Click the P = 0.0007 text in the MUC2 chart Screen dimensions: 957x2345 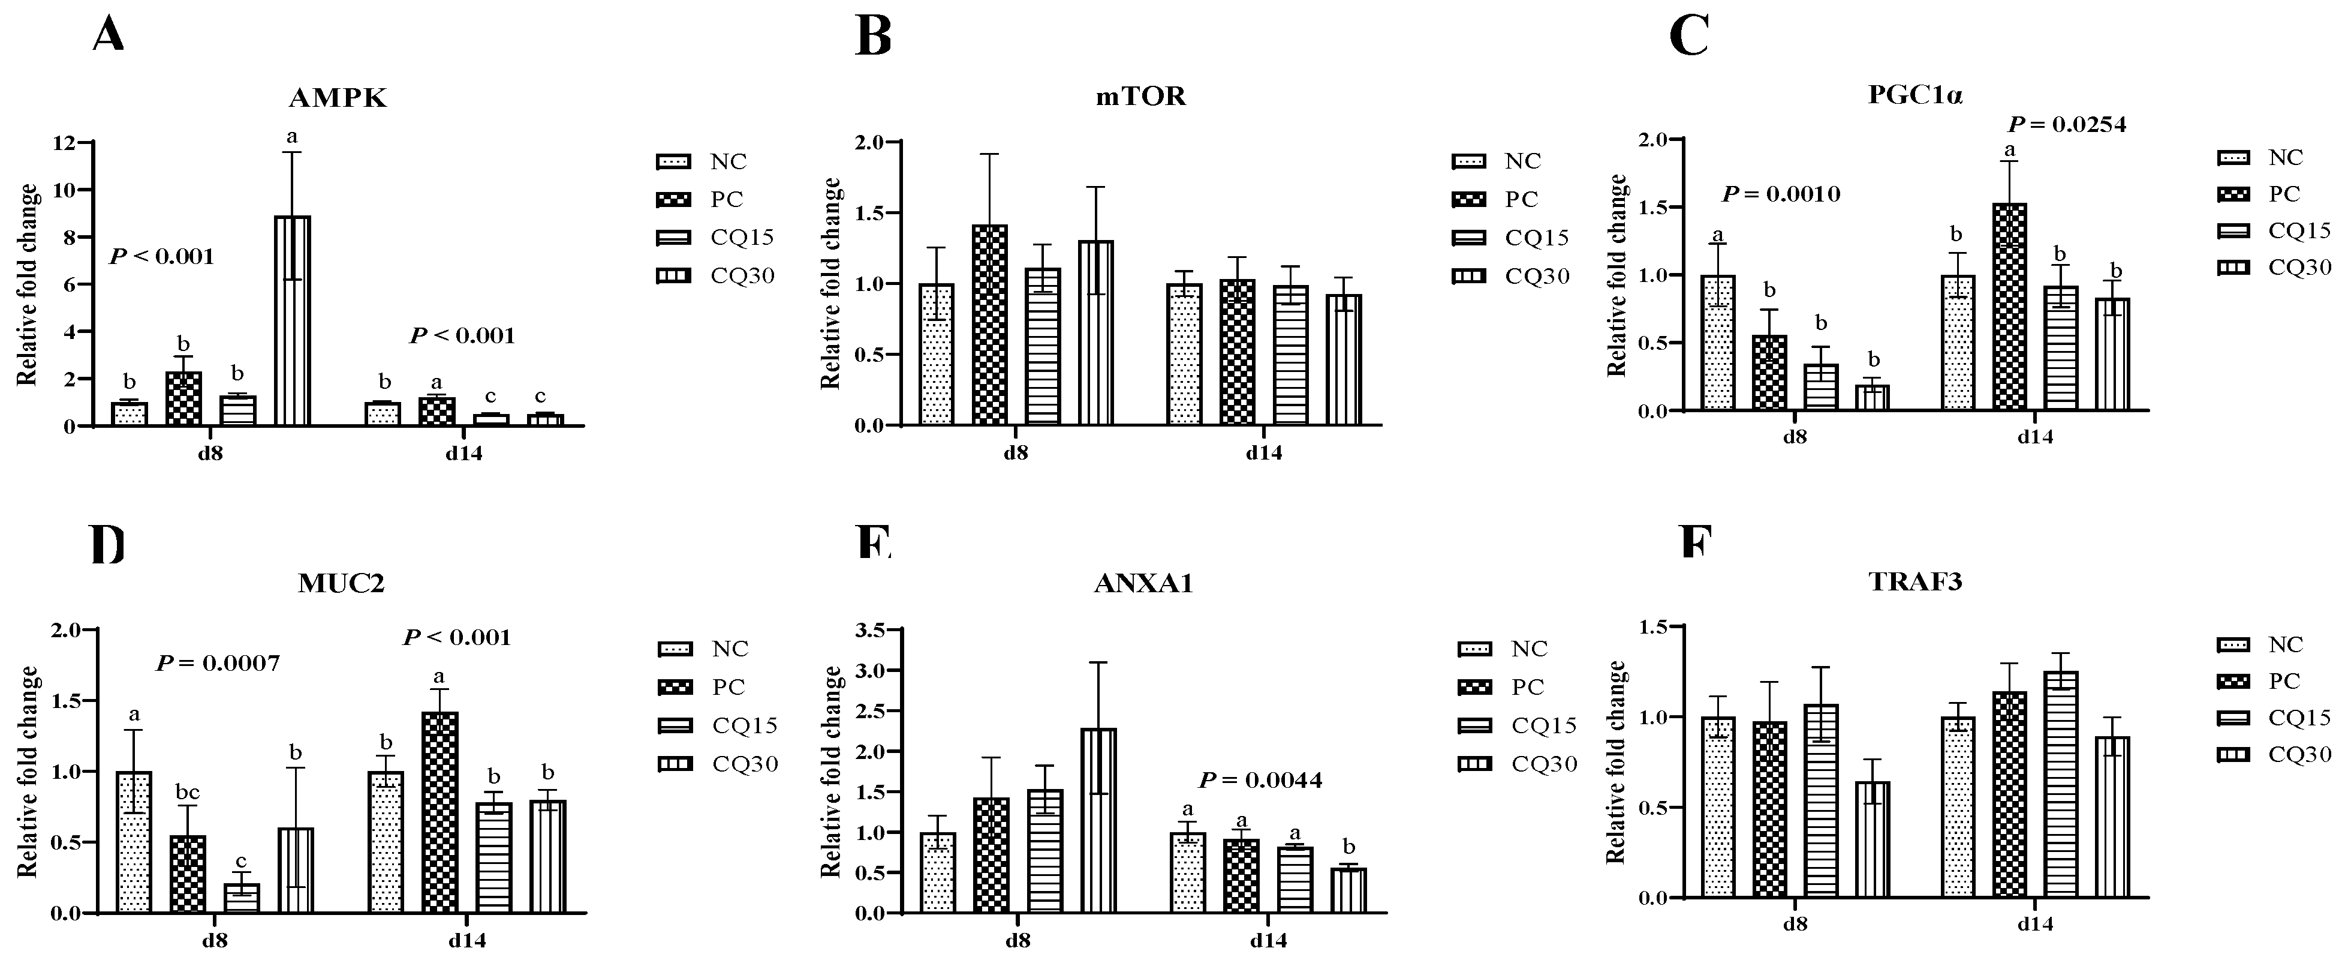point(218,664)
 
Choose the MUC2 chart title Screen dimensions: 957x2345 point(341,584)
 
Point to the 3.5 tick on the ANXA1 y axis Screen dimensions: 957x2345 point(870,629)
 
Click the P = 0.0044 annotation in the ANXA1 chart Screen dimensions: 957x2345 point(1260,781)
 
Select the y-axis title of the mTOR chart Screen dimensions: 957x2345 point(831,284)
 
